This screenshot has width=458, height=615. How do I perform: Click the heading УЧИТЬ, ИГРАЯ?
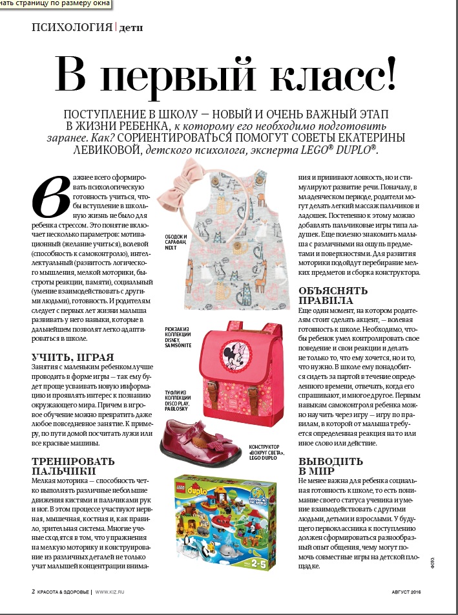click(x=73, y=357)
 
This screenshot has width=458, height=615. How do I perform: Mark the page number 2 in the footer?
click(x=33, y=591)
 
